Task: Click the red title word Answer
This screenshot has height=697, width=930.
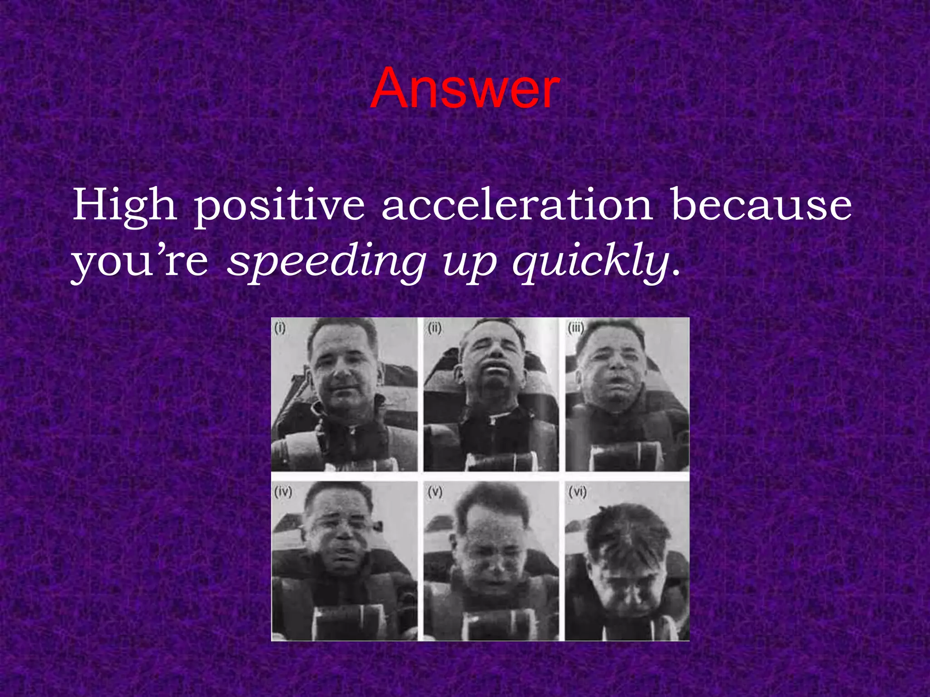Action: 465,88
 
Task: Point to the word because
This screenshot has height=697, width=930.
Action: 761,205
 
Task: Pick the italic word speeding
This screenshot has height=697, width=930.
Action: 326,263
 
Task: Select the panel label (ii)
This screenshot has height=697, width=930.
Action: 435,328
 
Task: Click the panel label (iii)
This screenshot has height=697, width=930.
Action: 576,328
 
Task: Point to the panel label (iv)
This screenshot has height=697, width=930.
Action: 283,491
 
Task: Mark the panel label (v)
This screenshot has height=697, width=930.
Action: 435,491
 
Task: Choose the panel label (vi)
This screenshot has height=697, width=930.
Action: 577,491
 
